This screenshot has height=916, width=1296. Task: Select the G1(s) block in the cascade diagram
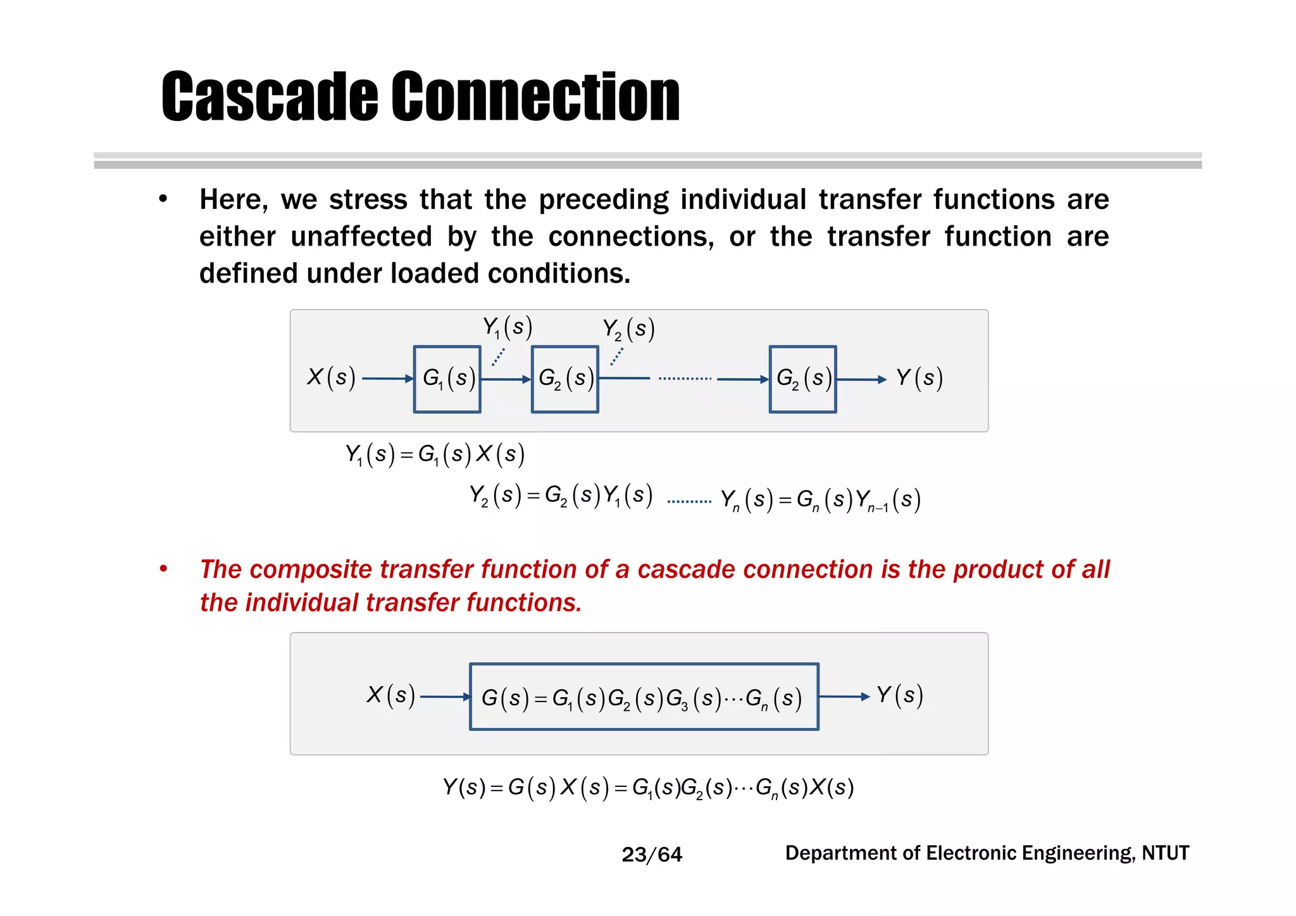(x=447, y=379)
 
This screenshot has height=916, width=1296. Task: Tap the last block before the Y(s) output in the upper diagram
(x=802, y=379)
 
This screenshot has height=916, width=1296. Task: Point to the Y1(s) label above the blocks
(x=508, y=327)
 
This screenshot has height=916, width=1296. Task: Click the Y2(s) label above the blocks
(x=628, y=329)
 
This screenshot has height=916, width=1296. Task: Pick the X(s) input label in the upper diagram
(x=331, y=377)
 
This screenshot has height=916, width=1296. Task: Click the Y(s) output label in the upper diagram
(x=919, y=378)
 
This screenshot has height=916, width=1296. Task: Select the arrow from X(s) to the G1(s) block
(x=387, y=379)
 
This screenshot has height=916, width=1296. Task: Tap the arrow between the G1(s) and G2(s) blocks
(x=506, y=379)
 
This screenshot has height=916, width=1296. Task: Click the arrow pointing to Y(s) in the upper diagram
(x=861, y=379)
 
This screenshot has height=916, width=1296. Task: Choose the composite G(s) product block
(x=644, y=697)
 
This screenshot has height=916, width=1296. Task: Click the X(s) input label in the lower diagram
(x=390, y=695)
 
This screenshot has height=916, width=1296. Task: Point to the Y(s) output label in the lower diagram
(x=900, y=695)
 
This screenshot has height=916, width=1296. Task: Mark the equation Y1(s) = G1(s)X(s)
(x=435, y=455)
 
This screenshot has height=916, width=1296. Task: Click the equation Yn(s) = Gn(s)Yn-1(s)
(x=821, y=500)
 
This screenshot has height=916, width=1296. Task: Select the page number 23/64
(x=652, y=855)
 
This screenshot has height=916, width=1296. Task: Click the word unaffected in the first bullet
(x=361, y=237)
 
